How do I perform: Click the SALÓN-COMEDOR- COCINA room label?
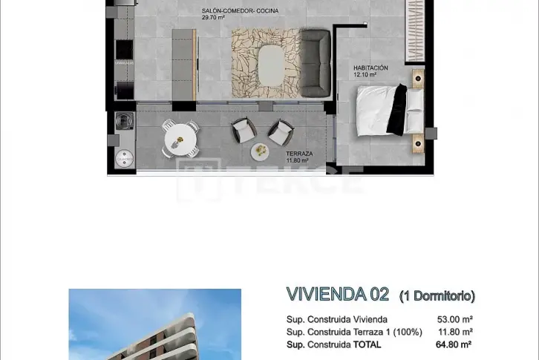(240, 11)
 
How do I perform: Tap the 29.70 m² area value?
(213, 18)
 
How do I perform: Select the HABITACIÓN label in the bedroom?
(370, 68)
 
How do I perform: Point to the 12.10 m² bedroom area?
(365, 74)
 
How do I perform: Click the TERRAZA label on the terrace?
(299, 154)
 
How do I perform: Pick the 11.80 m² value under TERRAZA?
(298, 160)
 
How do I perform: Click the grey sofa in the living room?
(316, 63)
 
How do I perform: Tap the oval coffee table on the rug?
(271, 65)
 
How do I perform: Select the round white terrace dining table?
(180, 140)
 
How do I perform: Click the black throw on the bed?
(396, 108)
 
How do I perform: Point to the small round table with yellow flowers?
(260, 151)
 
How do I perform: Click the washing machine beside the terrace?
(124, 121)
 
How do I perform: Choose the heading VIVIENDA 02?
(338, 295)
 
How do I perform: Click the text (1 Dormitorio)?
(437, 295)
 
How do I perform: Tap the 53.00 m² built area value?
(455, 319)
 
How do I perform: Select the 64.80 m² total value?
(454, 344)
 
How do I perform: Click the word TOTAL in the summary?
(367, 344)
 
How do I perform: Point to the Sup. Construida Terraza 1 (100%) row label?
(354, 332)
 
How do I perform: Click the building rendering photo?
(155, 324)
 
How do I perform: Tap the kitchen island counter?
(184, 65)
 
